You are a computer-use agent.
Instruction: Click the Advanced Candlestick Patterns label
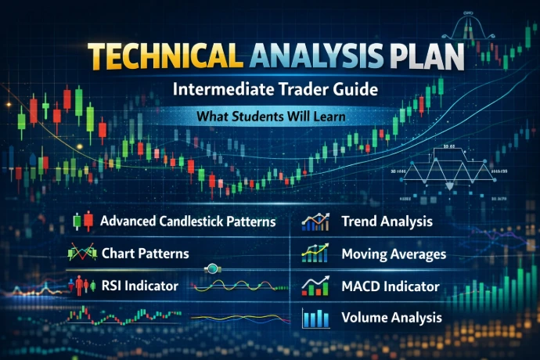(188, 221)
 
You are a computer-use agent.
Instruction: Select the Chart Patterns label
(145, 254)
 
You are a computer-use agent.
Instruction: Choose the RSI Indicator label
(139, 286)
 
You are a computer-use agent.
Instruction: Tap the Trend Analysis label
(387, 221)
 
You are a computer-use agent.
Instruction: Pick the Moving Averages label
(394, 254)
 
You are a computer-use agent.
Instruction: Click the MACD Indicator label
(391, 286)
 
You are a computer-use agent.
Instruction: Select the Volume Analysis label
(391, 318)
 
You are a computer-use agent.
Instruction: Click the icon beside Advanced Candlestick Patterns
(82, 221)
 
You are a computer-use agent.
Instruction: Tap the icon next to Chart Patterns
(82, 254)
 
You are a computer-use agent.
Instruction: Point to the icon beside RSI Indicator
(82, 286)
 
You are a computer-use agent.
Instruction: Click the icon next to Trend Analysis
(315, 221)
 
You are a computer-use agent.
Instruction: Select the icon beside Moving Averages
(315, 254)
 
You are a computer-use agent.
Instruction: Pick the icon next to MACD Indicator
(315, 286)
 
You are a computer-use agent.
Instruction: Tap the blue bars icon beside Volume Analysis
(315, 318)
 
